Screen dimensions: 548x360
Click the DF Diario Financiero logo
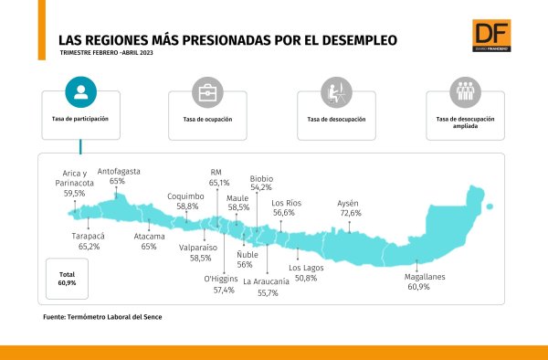(491, 36)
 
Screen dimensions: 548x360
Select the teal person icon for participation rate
(80, 92)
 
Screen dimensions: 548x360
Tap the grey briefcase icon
(207, 92)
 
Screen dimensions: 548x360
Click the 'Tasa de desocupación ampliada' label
(465, 122)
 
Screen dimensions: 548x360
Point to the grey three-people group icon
(465, 92)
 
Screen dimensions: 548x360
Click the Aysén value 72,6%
(351, 213)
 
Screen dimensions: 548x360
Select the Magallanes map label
(425, 277)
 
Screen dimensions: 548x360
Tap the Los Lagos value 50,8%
(306, 278)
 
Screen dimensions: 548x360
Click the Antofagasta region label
(119, 171)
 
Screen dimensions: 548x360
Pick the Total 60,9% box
(67, 279)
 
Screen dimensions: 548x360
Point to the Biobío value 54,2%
(261, 187)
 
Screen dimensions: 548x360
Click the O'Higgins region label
(221, 279)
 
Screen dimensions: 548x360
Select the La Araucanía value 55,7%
(268, 293)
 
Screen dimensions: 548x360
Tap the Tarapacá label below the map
(88, 237)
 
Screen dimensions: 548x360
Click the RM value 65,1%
(219, 183)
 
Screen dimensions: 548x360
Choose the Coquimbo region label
(185, 196)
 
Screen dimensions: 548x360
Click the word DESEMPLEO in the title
(360, 40)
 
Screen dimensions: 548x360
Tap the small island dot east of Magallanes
(490, 206)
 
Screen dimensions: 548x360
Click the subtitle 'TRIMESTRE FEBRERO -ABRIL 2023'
(106, 53)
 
